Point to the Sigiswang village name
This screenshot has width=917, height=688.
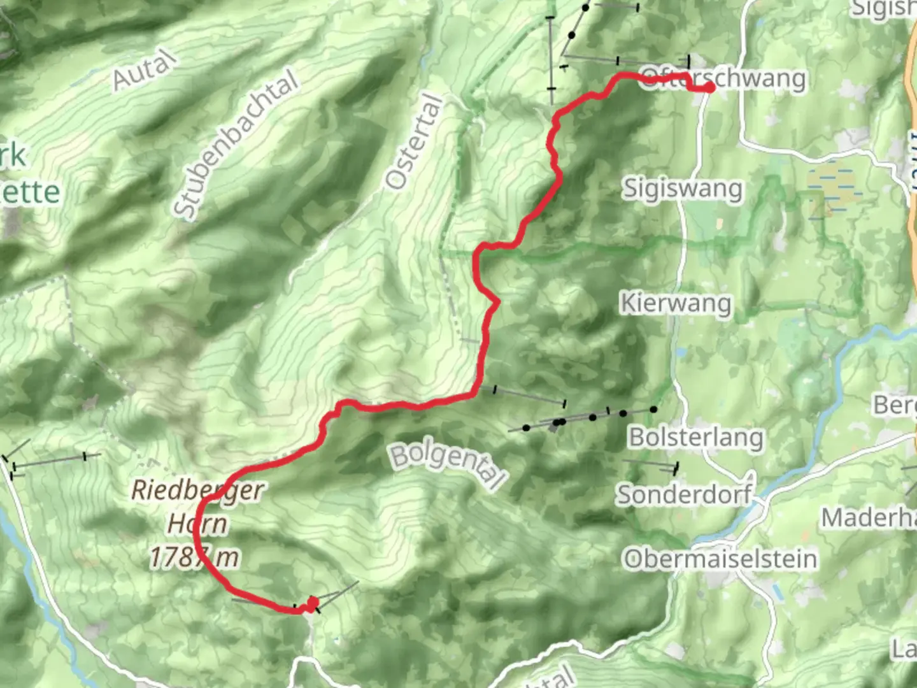pyautogui.click(x=682, y=189)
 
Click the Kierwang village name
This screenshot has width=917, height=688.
pyautogui.click(x=676, y=303)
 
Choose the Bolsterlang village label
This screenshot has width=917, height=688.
pyautogui.click(x=696, y=438)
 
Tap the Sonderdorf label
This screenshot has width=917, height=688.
pyautogui.click(x=684, y=494)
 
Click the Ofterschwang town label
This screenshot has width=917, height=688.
pyautogui.click(x=723, y=78)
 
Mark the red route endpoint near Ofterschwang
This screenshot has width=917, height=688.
pyautogui.click(x=709, y=88)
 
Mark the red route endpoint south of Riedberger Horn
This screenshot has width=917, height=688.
pyautogui.click(x=313, y=602)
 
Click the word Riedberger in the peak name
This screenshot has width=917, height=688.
pyautogui.click(x=197, y=491)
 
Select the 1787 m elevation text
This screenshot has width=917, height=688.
pyautogui.click(x=194, y=558)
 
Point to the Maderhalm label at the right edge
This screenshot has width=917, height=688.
pyautogui.click(x=869, y=518)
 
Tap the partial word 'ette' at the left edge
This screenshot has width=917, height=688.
pyautogui.click(x=32, y=191)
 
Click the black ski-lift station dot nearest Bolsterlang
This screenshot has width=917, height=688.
pyautogui.click(x=653, y=409)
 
